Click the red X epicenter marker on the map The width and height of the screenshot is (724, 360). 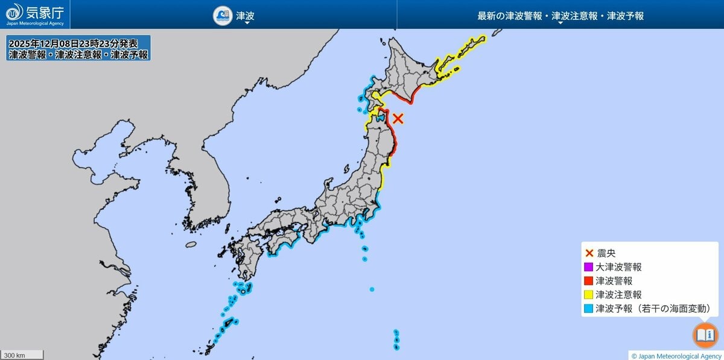(x=398, y=118)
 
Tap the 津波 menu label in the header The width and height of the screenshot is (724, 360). (x=244, y=16)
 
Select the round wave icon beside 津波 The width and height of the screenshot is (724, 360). (x=223, y=16)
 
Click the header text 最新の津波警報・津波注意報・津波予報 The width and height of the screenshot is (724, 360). (x=560, y=16)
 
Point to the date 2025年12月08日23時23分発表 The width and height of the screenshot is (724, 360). (x=73, y=43)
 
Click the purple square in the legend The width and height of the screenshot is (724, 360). (x=589, y=267)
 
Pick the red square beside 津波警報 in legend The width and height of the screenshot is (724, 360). (x=589, y=280)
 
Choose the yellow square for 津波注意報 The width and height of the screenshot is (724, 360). (x=589, y=294)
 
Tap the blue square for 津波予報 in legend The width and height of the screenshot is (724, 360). (x=589, y=309)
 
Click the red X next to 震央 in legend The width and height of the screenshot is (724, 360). (x=589, y=253)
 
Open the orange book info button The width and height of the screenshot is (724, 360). (x=704, y=335)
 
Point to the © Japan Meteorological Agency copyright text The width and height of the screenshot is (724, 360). (x=676, y=356)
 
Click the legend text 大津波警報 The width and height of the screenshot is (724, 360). (x=618, y=267)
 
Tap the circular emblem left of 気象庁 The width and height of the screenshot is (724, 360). (x=14, y=11)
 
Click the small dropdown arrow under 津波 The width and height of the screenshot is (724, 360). (x=247, y=24)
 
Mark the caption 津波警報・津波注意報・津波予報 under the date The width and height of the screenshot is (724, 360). (x=78, y=54)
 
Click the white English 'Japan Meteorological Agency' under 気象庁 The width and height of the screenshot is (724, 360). (x=35, y=24)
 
